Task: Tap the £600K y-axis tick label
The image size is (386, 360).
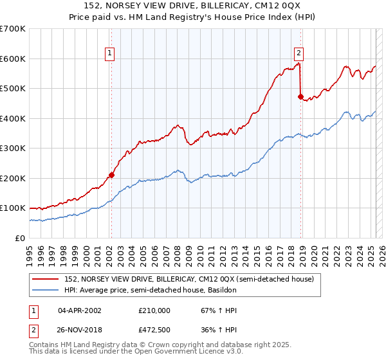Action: point(12,59)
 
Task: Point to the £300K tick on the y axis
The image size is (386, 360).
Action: point(12,148)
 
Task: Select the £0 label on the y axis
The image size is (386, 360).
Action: point(19,238)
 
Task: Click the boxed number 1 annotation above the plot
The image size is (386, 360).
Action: point(111,54)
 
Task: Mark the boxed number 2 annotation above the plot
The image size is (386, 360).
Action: point(300,54)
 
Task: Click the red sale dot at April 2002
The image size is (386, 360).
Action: point(111,175)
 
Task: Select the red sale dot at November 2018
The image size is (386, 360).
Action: point(300,96)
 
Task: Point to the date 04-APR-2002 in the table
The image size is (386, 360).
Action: point(80,310)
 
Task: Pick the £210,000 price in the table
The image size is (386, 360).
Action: point(154,310)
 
